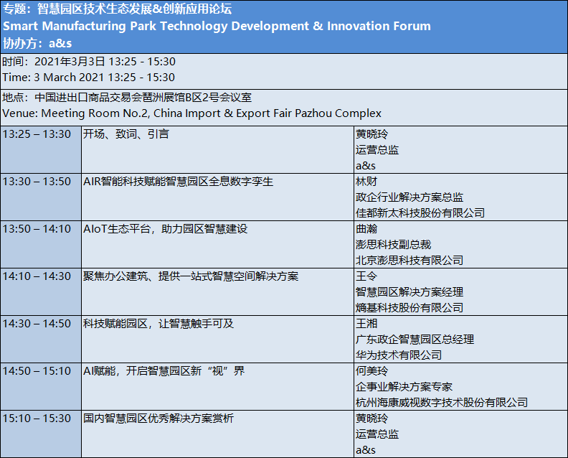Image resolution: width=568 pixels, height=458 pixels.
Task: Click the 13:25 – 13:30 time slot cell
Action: [x=37, y=134]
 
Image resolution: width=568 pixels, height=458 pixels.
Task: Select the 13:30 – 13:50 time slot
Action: [x=37, y=182]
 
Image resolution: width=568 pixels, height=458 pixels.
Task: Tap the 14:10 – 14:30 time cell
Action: [x=37, y=276]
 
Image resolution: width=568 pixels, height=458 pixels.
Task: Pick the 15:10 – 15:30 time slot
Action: [x=37, y=419]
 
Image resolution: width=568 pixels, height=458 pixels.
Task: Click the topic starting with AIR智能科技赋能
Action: [x=179, y=182]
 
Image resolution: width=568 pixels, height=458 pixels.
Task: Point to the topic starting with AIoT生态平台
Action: [x=166, y=229]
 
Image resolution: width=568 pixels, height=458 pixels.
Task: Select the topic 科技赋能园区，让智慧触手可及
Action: [x=158, y=324]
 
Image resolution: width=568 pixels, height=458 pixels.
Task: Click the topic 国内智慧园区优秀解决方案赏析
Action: [x=158, y=419]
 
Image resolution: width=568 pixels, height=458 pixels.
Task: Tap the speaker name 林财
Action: [x=366, y=182]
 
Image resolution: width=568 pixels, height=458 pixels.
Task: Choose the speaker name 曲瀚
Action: [x=366, y=229]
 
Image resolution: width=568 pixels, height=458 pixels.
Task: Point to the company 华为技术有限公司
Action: [x=399, y=355]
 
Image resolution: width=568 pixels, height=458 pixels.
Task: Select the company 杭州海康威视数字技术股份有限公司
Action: [x=442, y=403]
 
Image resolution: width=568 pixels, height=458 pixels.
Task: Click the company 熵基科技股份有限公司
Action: [x=410, y=308]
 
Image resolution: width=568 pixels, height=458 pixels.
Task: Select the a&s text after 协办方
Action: [x=60, y=44]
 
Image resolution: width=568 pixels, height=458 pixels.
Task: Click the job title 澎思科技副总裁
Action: [x=394, y=245]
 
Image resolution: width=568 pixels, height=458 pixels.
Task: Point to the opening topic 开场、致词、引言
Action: [x=126, y=134]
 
